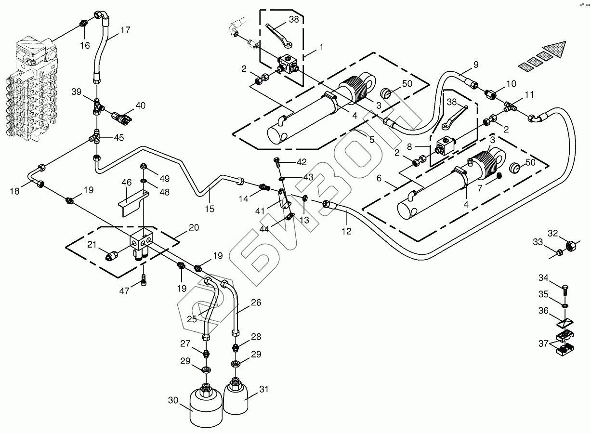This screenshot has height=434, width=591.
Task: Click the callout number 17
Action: click(x=125, y=30)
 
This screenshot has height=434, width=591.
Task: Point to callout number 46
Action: click(x=126, y=183)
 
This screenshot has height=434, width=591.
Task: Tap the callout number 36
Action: click(x=543, y=311)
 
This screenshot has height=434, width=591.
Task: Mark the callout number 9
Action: click(x=476, y=64)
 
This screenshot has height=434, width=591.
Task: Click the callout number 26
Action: click(x=256, y=303)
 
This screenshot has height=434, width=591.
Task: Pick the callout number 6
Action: click(x=379, y=178)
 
